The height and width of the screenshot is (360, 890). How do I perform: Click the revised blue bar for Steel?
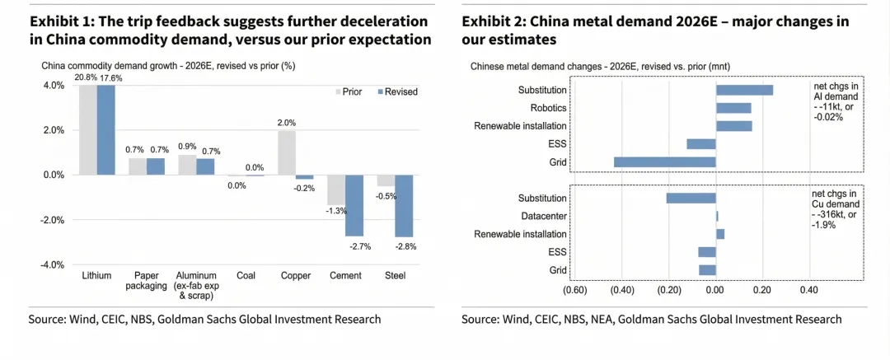(403, 206)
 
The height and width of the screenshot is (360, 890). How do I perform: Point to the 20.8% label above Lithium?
(85, 77)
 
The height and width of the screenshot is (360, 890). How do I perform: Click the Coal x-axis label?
(245, 276)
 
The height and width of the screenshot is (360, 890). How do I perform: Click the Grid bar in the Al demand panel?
(664, 162)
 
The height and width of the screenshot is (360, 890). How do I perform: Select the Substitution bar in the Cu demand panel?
(691, 198)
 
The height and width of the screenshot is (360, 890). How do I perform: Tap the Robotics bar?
(733, 108)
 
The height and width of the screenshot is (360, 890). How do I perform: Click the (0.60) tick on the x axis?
(574, 290)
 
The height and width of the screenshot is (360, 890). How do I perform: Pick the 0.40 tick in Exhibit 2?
(809, 290)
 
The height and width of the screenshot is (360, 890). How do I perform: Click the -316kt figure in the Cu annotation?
(830, 214)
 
